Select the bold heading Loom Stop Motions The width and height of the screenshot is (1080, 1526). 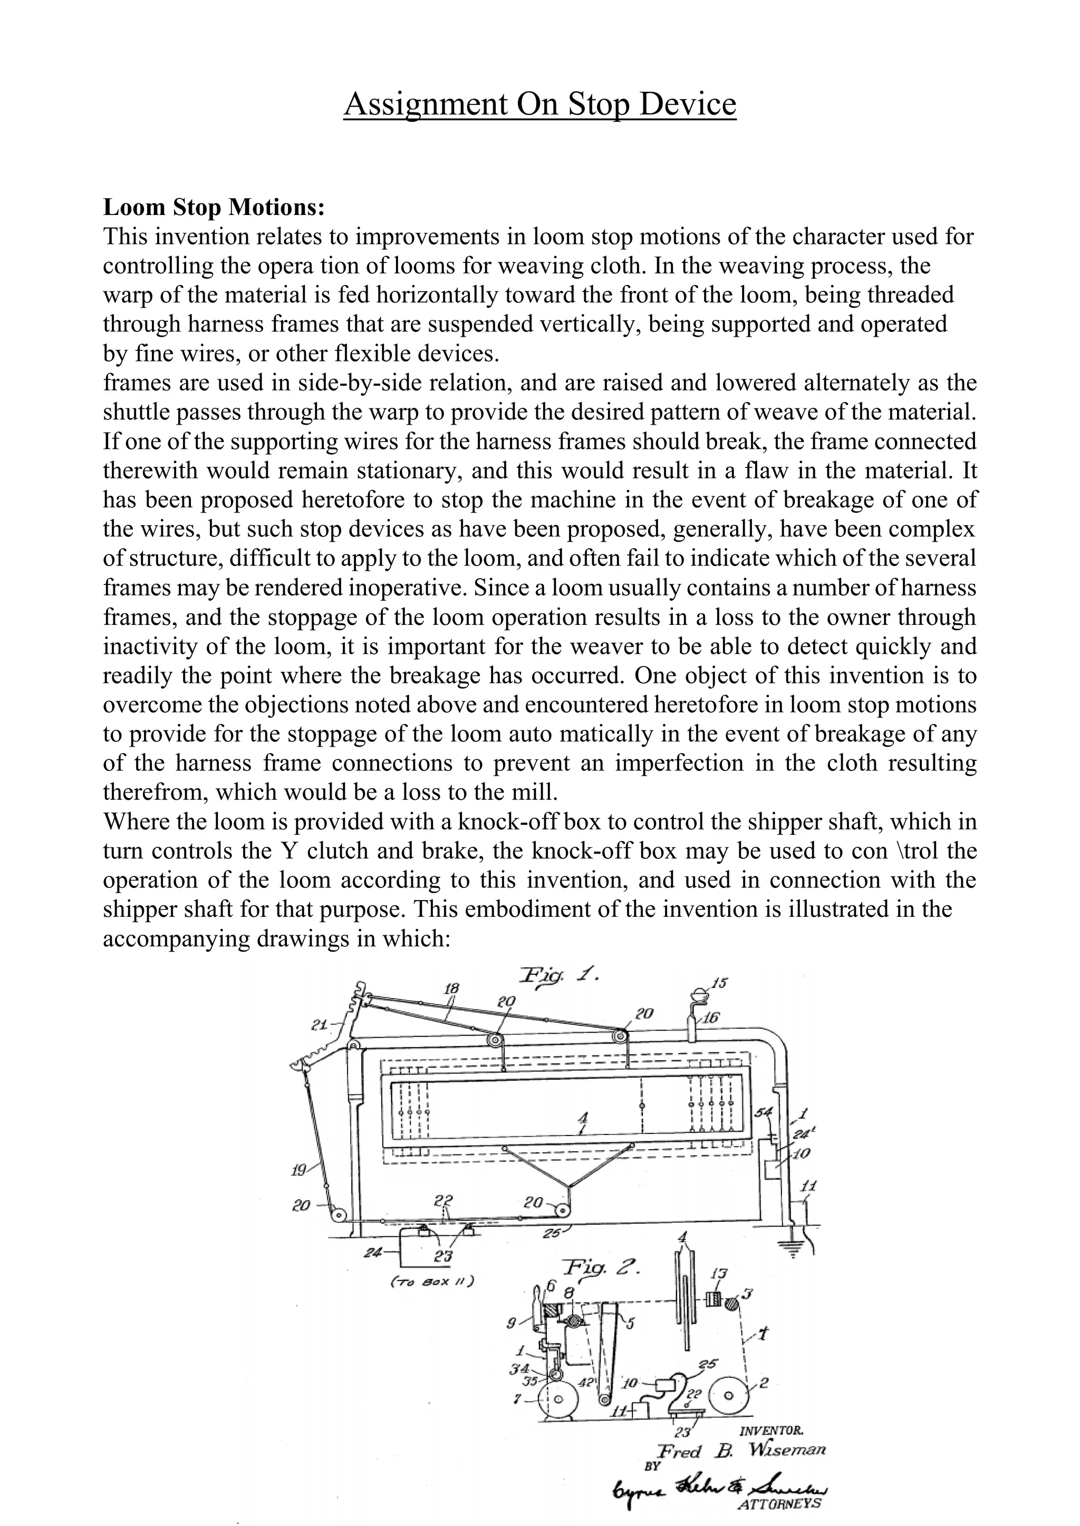(x=214, y=208)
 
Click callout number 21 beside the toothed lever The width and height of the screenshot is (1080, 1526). (x=320, y=1025)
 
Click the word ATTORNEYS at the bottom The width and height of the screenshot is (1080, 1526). (x=779, y=1503)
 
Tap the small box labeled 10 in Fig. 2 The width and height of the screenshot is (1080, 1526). (x=666, y=1384)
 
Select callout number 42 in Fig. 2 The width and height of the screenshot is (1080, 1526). (x=586, y=1383)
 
